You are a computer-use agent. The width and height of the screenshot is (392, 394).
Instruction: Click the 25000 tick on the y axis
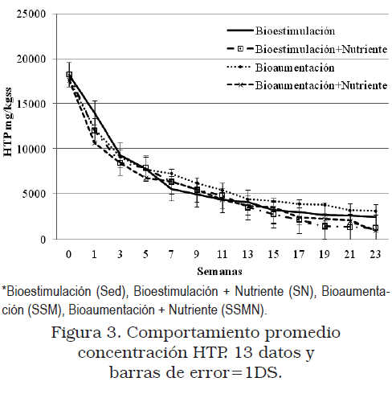coord(31,14)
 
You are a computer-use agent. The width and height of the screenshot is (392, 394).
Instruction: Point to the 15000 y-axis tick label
coord(31,104)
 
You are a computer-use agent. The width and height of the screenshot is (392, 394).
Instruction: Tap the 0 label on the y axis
coord(43,240)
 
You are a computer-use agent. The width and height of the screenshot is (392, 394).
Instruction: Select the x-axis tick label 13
coord(247,254)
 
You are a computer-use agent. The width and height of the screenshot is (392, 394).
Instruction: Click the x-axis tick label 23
coord(375,254)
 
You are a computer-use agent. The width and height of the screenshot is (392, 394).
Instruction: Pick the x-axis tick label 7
coord(171,254)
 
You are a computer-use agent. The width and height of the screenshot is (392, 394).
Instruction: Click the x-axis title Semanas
coord(219,272)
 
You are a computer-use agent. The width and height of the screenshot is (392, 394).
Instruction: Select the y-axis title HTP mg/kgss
coord(8,122)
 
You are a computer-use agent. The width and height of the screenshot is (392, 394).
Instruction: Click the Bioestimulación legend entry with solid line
coord(281,31)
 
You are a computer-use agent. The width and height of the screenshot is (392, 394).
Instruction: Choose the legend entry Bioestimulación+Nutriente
coord(307,49)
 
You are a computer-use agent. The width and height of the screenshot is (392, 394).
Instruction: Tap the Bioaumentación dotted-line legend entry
coord(280,68)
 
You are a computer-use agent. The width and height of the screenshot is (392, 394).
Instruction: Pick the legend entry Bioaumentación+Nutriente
coord(307,85)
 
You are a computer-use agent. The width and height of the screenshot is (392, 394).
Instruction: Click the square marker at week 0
coord(69,75)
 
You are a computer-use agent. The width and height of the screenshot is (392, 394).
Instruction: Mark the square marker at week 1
coord(94,131)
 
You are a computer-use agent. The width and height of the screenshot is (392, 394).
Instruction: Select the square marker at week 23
coord(375,228)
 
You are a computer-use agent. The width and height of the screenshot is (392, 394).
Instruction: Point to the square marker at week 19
coord(325,227)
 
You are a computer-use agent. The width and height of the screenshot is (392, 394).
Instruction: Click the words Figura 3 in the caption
coord(85,334)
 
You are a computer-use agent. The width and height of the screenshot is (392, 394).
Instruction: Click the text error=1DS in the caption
coord(236,373)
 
